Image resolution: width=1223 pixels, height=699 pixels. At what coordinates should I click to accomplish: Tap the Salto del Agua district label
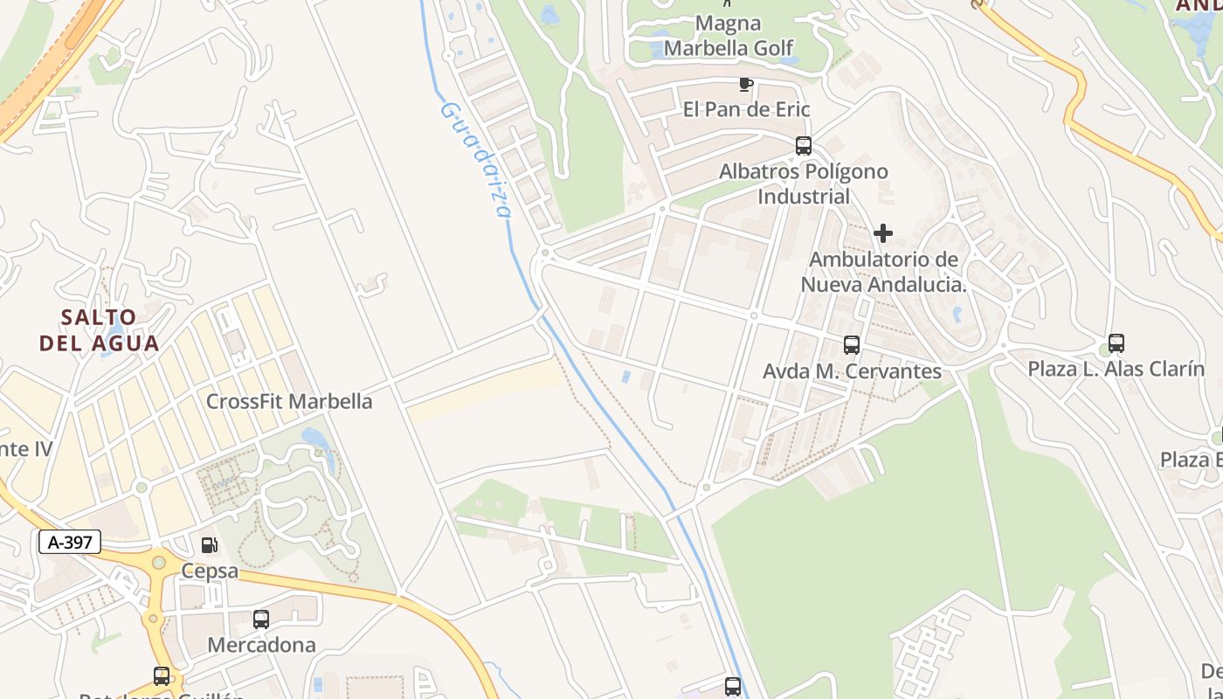tap(100, 329)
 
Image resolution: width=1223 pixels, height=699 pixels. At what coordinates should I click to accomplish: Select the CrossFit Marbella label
tap(289, 401)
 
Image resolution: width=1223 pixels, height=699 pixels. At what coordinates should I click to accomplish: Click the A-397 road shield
tap(70, 542)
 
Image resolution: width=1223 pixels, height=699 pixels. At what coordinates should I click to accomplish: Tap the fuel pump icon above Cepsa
tap(210, 545)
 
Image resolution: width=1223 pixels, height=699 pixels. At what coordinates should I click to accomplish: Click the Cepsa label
tap(210, 571)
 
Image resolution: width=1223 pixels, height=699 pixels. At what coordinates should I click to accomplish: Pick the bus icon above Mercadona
tap(261, 619)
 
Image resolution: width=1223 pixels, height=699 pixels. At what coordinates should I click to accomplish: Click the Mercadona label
tap(261, 645)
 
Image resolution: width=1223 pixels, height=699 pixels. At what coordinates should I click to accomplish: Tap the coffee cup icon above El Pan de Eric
tap(745, 85)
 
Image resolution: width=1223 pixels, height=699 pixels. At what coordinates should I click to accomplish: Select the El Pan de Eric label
tap(746, 109)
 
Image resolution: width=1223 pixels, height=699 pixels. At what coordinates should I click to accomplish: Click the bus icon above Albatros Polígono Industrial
tap(804, 146)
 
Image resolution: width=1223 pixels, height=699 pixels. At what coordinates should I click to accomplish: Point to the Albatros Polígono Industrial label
tap(804, 183)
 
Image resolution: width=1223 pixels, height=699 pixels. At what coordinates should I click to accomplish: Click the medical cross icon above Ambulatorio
tap(883, 233)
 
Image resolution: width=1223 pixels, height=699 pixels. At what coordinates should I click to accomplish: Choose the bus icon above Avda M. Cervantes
tap(852, 345)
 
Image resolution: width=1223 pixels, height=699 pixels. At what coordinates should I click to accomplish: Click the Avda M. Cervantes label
tap(852, 371)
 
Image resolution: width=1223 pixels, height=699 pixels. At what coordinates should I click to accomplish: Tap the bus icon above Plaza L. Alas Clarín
tap(1116, 343)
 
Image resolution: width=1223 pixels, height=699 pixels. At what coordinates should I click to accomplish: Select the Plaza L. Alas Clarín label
tap(1116, 369)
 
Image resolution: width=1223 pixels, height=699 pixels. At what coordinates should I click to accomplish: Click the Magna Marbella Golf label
tap(729, 36)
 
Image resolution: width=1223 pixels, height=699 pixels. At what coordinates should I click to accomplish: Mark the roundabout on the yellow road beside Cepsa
tap(158, 563)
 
